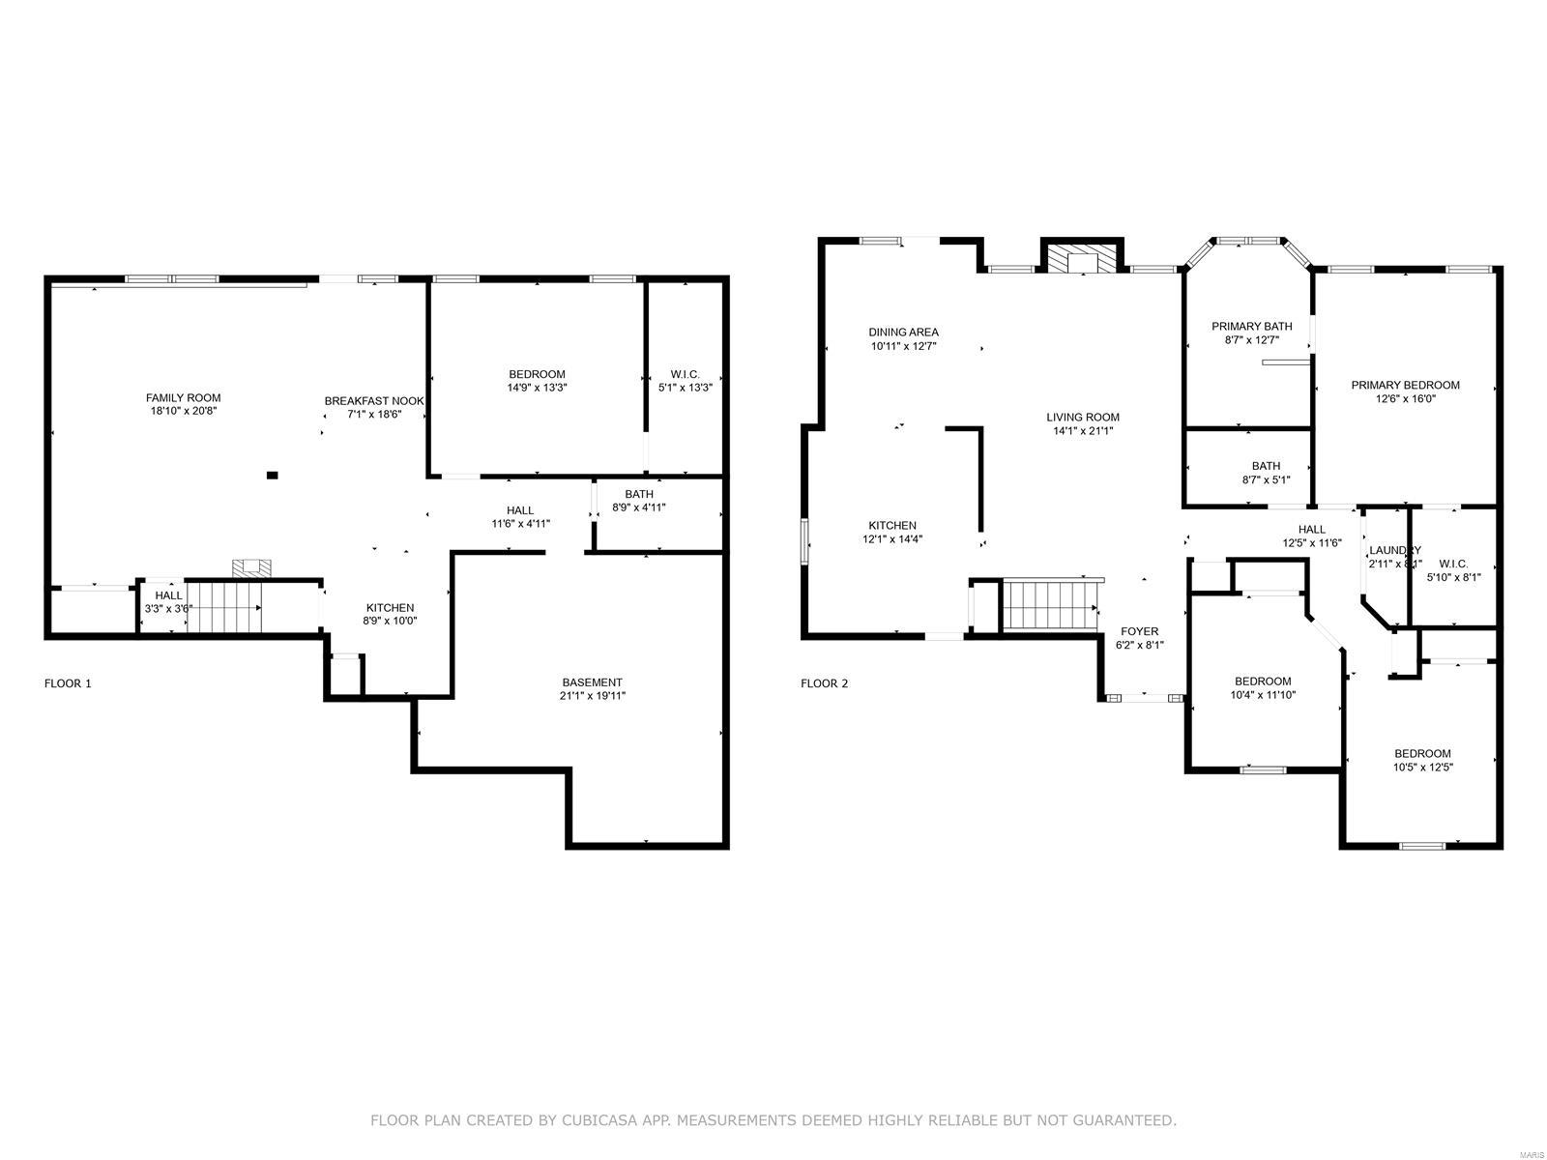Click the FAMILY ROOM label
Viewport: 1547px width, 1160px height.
(x=183, y=397)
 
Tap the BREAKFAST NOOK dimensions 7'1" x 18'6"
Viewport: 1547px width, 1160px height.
(x=374, y=414)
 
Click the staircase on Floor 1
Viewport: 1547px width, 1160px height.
(x=224, y=607)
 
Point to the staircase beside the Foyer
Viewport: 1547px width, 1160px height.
(x=1049, y=605)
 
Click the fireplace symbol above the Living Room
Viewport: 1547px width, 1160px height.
(x=1081, y=259)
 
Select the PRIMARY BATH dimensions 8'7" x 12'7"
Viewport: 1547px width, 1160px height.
(x=1251, y=340)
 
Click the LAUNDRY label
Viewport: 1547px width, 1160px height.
(x=1394, y=550)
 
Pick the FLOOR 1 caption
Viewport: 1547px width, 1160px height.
(x=68, y=683)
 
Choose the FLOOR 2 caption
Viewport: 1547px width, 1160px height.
(x=824, y=683)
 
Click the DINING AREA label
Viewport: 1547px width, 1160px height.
(x=903, y=332)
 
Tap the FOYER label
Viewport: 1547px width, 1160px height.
(x=1139, y=631)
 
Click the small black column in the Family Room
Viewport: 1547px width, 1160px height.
(x=272, y=475)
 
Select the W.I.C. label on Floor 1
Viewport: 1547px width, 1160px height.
(x=685, y=374)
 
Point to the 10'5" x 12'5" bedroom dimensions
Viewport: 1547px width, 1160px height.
(x=1422, y=768)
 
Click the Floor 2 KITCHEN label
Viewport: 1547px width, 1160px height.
(x=891, y=526)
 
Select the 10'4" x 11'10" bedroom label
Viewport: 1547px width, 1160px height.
(x=1262, y=681)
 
